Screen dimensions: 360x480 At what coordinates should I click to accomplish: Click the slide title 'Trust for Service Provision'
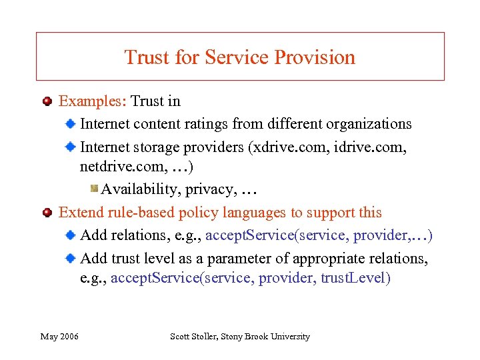pos(239,57)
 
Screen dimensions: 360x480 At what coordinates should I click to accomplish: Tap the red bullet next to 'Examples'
pos(47,102)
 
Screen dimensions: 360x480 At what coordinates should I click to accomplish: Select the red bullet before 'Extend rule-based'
pos(47,213)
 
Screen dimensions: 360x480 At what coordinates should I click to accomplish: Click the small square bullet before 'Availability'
pos(94,189)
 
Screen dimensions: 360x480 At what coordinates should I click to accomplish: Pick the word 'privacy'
pos(209,189)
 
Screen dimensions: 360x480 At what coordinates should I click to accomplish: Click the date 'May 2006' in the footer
pos(59,337)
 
